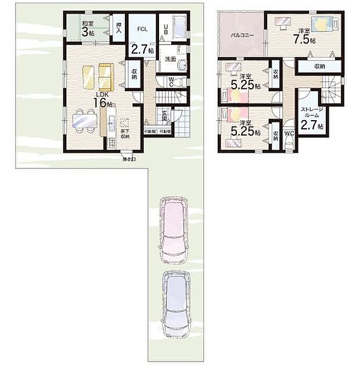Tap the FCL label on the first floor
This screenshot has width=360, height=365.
[141, 28]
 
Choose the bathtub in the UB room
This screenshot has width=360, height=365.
[179, 26]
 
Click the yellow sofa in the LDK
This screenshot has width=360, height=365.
[97, 75]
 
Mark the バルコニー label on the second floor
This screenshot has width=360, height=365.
[240, 35]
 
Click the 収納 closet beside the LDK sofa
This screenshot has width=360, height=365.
[134, 73]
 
